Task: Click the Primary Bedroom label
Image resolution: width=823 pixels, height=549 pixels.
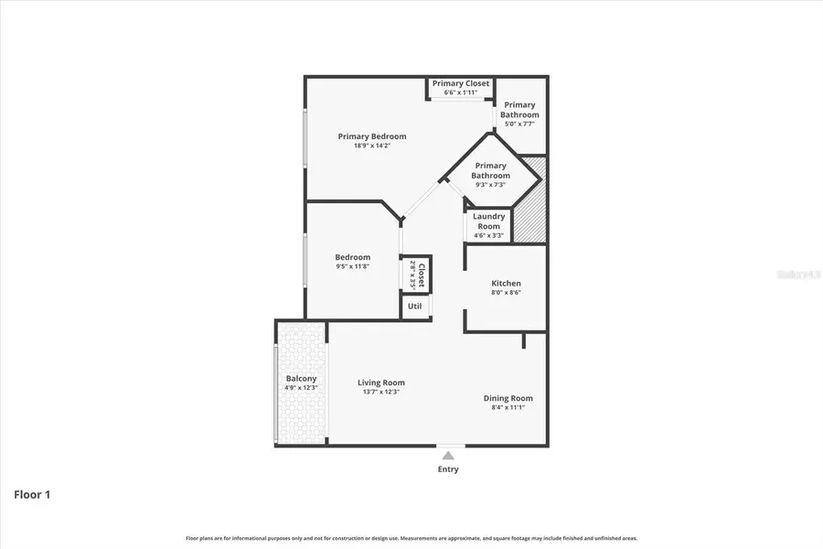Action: pyautogui.click(x=371, y=136)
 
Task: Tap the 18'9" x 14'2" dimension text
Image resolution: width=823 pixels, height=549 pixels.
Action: pyautogui.click(x=371, y=145)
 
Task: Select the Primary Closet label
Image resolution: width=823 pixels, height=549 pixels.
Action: pyautogui.click(x=461, y=83)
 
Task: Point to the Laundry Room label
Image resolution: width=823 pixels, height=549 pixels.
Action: pyautogui.click(x=488, y=221)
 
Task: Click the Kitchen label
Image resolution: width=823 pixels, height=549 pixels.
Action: pyautogui.click(x=506, y=284)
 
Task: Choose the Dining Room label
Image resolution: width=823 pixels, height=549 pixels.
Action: pyautogui.click(x=508, y=398)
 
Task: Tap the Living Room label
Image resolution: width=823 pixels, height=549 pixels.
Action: pyautogui.click(x=380, y=382)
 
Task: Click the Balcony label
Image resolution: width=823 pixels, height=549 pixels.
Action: pyautogui.click(x=301, y=378)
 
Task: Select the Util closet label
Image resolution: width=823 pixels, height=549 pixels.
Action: pyautogui.click(x=414, y=306)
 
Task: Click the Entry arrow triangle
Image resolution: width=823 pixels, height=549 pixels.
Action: pyautogui.click(x=448, y=454)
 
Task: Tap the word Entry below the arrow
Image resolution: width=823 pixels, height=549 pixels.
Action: pyautogui.click(x=448, y=469)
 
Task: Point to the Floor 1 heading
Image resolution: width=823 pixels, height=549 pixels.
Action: pyautogui.click(x=32, y=495)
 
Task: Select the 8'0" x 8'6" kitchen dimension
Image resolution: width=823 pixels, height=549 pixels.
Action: pyautogui.click(x=506, y=293)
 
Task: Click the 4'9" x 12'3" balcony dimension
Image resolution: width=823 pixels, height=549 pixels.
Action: pyautogui.click(x=301, y=388)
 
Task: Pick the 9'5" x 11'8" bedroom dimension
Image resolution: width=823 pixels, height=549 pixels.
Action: pyautogui.click(x=352, y=267)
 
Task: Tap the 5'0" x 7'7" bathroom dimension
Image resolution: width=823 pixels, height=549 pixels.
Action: pyautogui.click(x=519, y=124)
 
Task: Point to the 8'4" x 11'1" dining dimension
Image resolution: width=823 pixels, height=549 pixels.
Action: pyautogui.click(x=508, y=408)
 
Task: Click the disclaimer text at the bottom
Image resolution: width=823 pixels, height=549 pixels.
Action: pyautogui.click(x=411, y=539)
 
